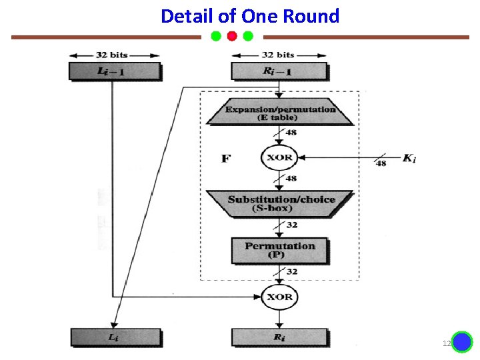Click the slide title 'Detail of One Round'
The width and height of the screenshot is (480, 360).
[x=250, y=16]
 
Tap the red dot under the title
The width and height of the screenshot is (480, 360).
[x=232, y=36]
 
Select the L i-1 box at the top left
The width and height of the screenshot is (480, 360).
[x=115, y=71]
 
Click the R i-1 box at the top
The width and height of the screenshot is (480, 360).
[x=279, y=71]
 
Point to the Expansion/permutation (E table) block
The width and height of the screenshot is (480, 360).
[x=279, y=113]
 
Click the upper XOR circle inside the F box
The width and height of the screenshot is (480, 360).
[x=279, y=158]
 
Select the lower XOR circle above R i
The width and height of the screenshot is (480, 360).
[x=279, y=297]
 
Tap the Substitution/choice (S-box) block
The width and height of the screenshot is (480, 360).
[x=279, y=203]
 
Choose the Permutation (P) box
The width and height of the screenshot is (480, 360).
[x=279, y=250]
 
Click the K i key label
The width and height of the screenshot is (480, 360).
[x=409, y=159]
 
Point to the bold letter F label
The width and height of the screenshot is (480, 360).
[x=226, y=159]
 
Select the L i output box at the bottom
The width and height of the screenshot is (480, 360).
[x=115, y=337]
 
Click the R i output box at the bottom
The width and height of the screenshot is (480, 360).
[x=279, y=337]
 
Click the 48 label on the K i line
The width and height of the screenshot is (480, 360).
[x=381, y=163]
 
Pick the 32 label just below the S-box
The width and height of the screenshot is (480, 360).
[x=292, y=225]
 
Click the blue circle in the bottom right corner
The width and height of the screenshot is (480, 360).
[x=462, y=342]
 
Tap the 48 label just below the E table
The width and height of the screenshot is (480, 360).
[x=291, y=133]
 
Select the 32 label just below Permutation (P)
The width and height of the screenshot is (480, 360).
[x=292, y=272]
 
